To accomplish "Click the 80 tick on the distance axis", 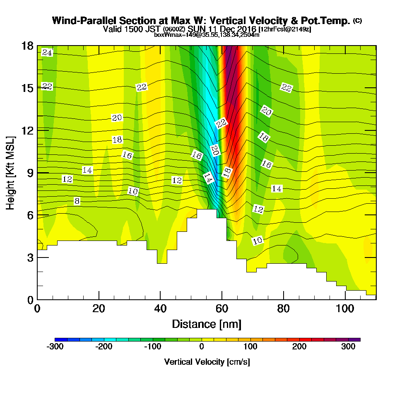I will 284,308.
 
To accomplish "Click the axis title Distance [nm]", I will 207,324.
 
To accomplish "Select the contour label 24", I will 47,53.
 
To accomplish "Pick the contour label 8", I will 77,201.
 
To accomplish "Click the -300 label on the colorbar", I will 55,347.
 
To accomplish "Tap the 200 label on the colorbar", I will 299,347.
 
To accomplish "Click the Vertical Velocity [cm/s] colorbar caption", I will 207,362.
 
